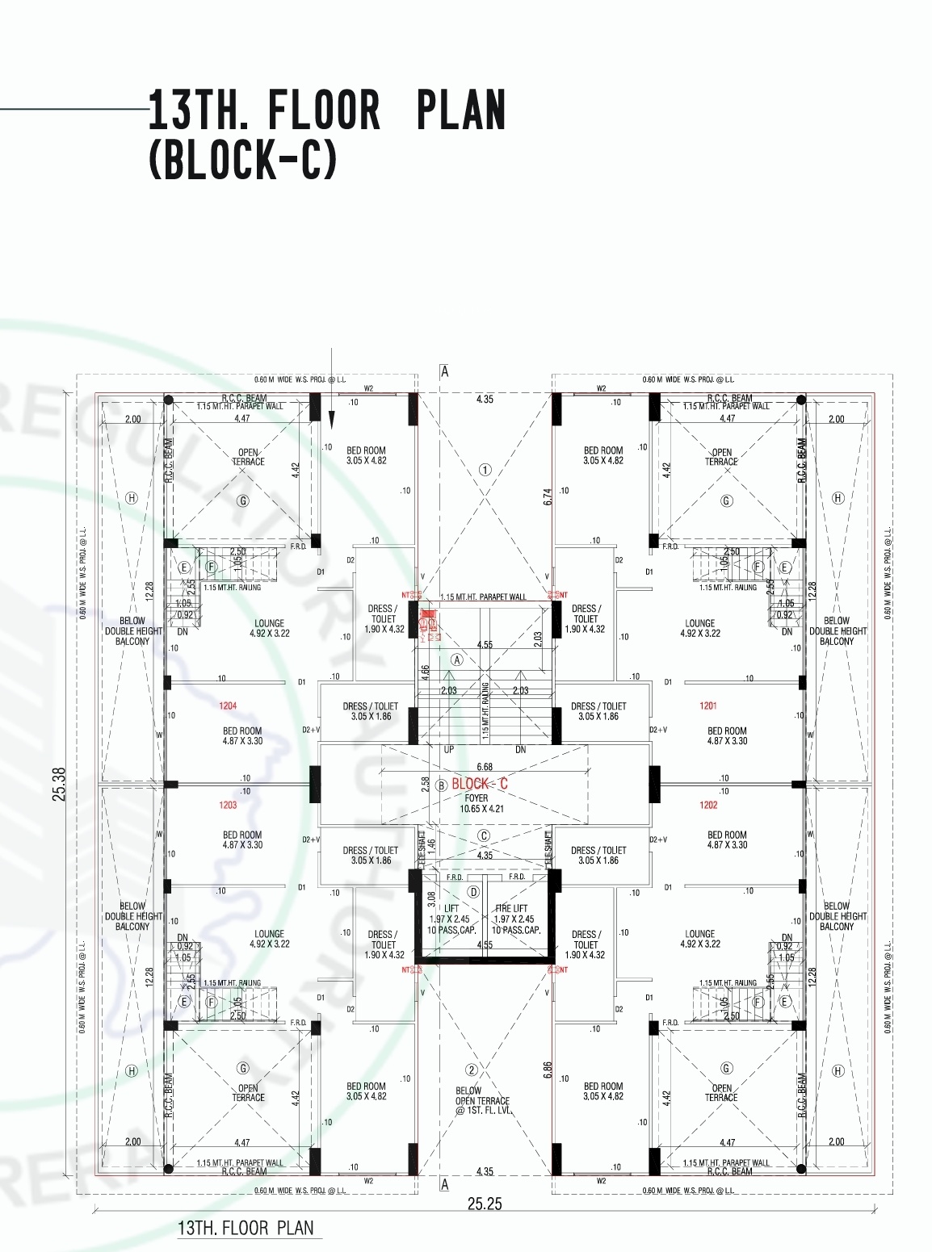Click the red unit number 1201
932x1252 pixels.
pos(707,706)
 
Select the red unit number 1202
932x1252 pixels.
pos(707,805)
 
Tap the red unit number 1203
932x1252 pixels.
pos(228,805)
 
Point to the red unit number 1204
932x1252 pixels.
pos(228,706)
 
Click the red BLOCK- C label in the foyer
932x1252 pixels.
pos(480,784)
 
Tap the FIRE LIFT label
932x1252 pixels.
pos(511,908)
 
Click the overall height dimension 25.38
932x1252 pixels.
pos(58,784)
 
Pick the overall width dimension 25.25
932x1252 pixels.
pos(485,1204)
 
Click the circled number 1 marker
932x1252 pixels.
pos(485,469)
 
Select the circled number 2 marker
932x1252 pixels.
pos(472,1070)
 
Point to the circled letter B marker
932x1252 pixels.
pos(441,785)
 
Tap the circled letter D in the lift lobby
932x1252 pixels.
pos(473,892)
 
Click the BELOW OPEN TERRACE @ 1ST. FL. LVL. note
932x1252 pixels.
pos(482,1101)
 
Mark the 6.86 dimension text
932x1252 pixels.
pos(548,1070)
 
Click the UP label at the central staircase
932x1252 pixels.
pos(449,749)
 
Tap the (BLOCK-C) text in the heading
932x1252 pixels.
pos(242,160)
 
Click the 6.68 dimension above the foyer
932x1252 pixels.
pos(485,766)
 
